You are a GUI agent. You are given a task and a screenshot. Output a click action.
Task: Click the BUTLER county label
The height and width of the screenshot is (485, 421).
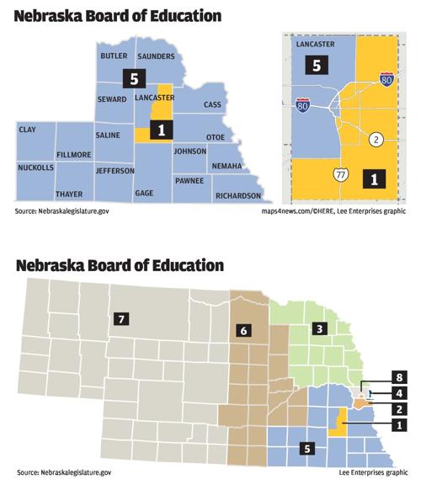pyautogui.click(x=114, y=56)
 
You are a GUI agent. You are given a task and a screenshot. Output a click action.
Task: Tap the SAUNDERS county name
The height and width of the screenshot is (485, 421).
pyautogui.click(x=157, y=56)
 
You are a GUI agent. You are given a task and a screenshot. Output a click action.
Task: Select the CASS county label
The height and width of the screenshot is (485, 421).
pyautogui.click(x=212, y=105)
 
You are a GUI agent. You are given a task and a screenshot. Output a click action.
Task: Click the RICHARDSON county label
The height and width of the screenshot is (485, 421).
pyautogui.click(x=237, y=195)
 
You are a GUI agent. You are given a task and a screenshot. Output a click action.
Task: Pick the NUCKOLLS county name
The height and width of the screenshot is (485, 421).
pyautogui.click(x=36, y=168)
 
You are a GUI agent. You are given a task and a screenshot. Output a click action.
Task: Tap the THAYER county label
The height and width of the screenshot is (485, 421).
pyautogui.click(x=69, y=194)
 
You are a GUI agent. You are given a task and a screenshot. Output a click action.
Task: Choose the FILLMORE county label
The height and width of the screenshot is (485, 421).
pyautogui.click(x=75, y=155)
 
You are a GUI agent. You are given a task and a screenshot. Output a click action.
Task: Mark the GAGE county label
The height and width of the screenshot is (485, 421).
pyautogui.click(x=144, y=193)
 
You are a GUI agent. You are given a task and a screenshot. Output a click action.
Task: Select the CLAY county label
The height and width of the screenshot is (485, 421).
pyautogui.click(x=27, y=131)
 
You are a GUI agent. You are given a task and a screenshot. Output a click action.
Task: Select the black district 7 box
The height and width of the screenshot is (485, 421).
pyautogui.click(x=122, y=318)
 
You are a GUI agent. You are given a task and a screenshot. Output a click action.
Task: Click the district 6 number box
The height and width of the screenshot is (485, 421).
pyautogui.click(x=242, y=332)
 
